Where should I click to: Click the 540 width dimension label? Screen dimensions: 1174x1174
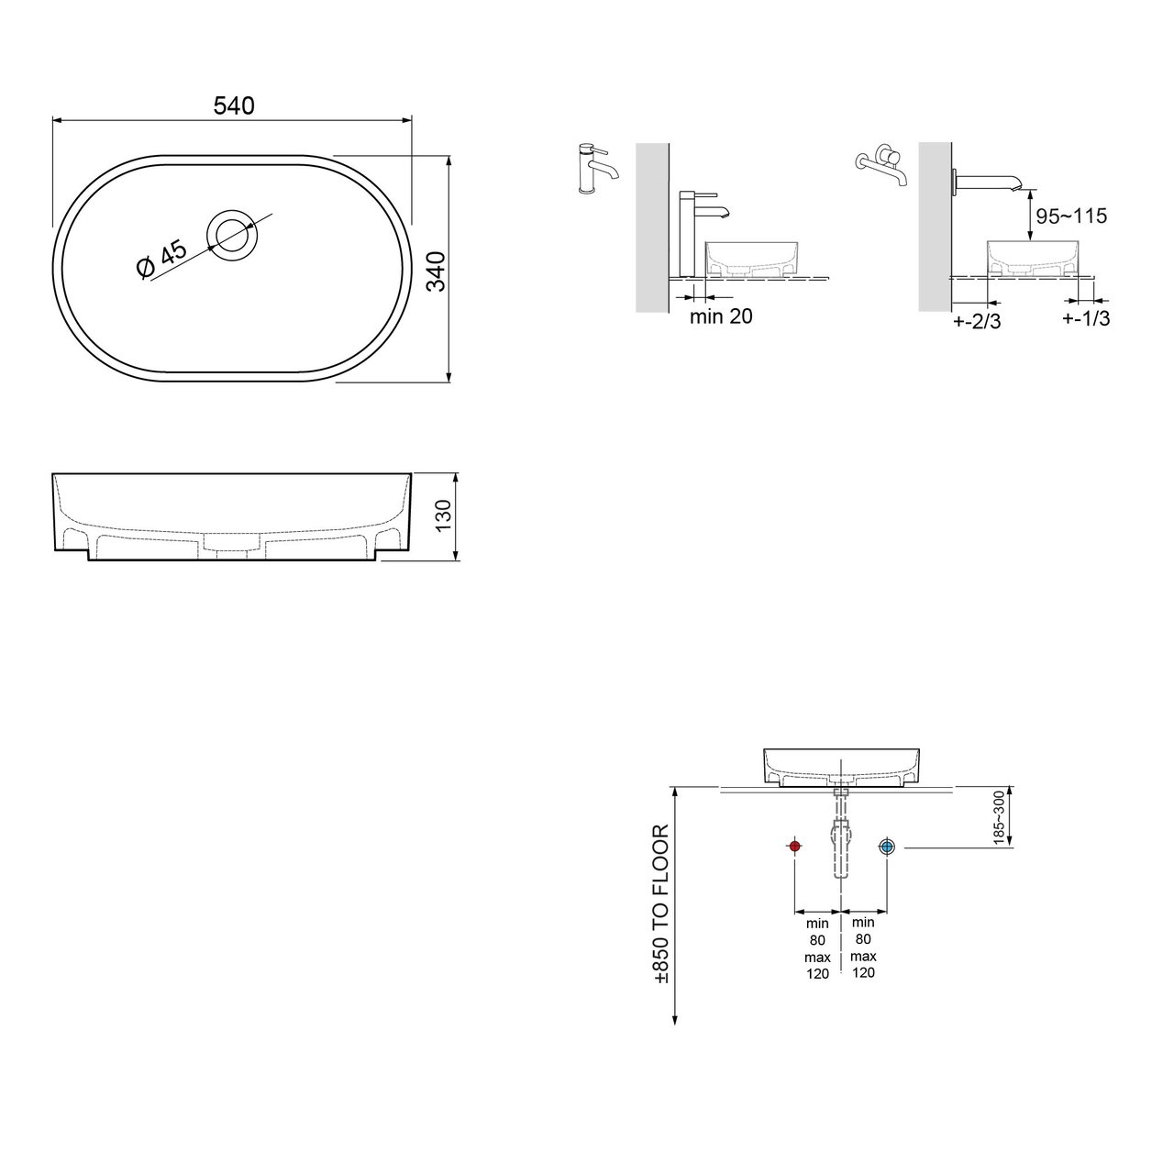tap(234, 106)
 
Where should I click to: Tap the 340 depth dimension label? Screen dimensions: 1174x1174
tap(437, 271)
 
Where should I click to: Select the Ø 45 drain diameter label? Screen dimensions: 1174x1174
tap(161, 260)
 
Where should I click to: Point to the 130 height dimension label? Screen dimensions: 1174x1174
tap(444, 515)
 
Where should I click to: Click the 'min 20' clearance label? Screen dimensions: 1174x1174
tap(721, 316)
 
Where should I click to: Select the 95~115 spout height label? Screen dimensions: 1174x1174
tap(1071, 216)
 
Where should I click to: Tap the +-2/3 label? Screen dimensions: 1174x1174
tap(977, 321)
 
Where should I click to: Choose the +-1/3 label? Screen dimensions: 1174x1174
tap(1086, 318)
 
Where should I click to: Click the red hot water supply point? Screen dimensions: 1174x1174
tap(794, 847)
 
